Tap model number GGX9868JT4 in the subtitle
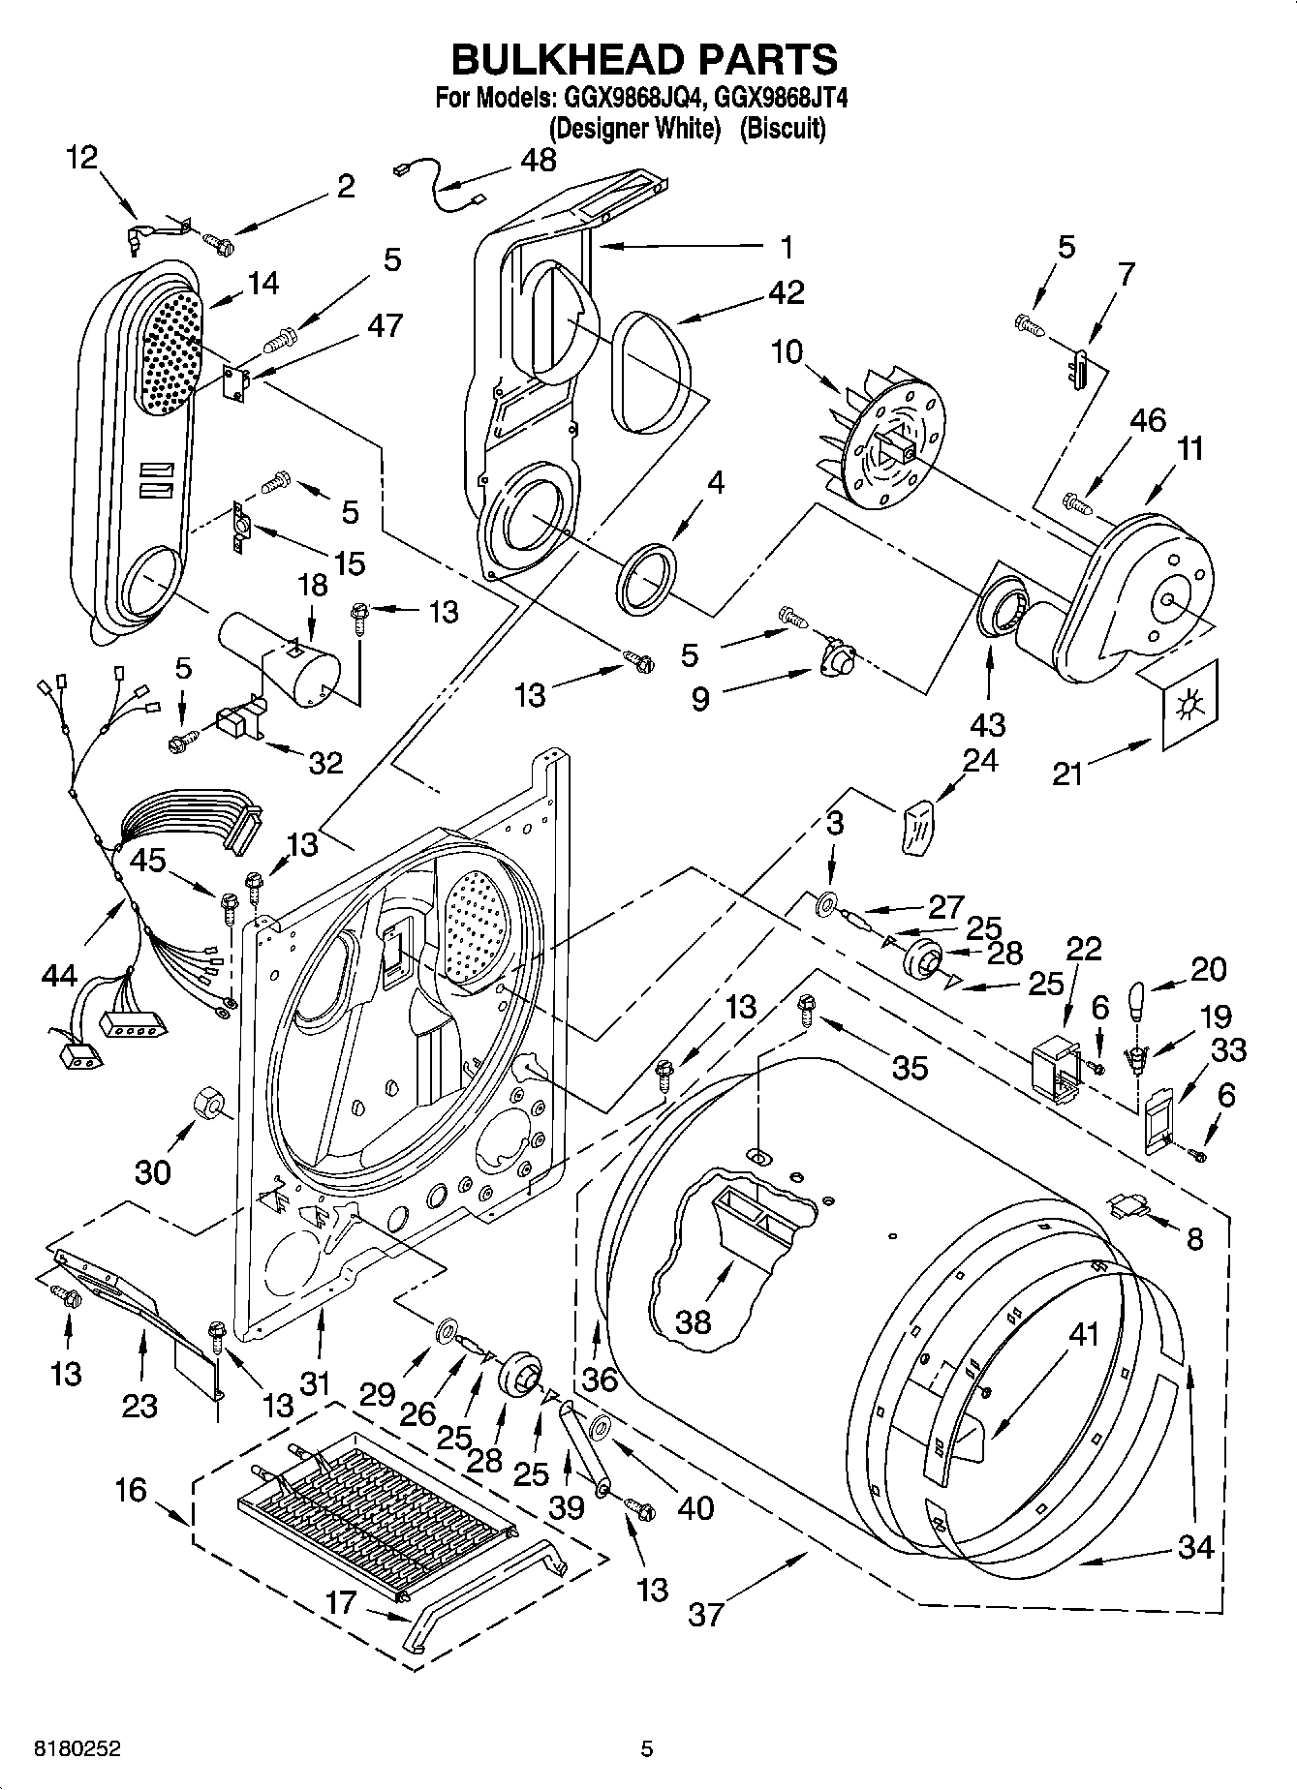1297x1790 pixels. pyautogui.click(x=775, y=98)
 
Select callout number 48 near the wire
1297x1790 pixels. pyautogui.click(x=539, y=160)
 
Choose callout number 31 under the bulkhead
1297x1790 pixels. pyautogui.click(x=315, y=1384)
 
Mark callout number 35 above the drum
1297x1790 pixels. pyautogui.click(x=910, y=1067)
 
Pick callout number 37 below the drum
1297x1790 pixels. pyautogui.click(x=706, y=1614)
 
